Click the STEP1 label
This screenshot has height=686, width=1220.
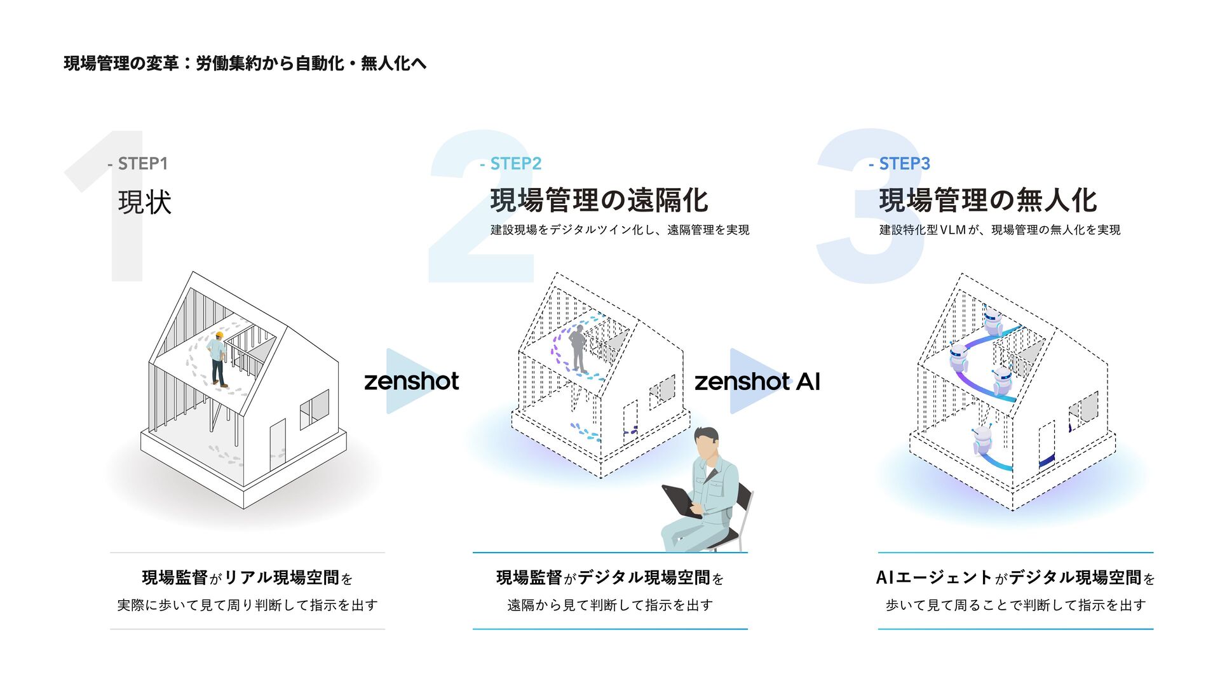coord(142,164)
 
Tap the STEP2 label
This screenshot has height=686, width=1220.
coord(515,164)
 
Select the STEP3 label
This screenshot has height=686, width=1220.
coord(904,164)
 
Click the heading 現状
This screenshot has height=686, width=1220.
coord(144,203)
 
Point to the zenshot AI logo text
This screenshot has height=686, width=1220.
coord(757,382)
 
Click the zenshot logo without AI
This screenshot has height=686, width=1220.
coord(411,382)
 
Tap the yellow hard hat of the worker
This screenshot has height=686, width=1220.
coord(219,335)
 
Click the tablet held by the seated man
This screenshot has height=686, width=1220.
coord(681,500)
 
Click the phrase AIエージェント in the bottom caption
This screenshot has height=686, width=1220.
coord(933,577)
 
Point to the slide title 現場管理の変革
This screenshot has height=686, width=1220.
coord(121,64)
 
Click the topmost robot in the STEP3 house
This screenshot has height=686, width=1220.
coord(992,321)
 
